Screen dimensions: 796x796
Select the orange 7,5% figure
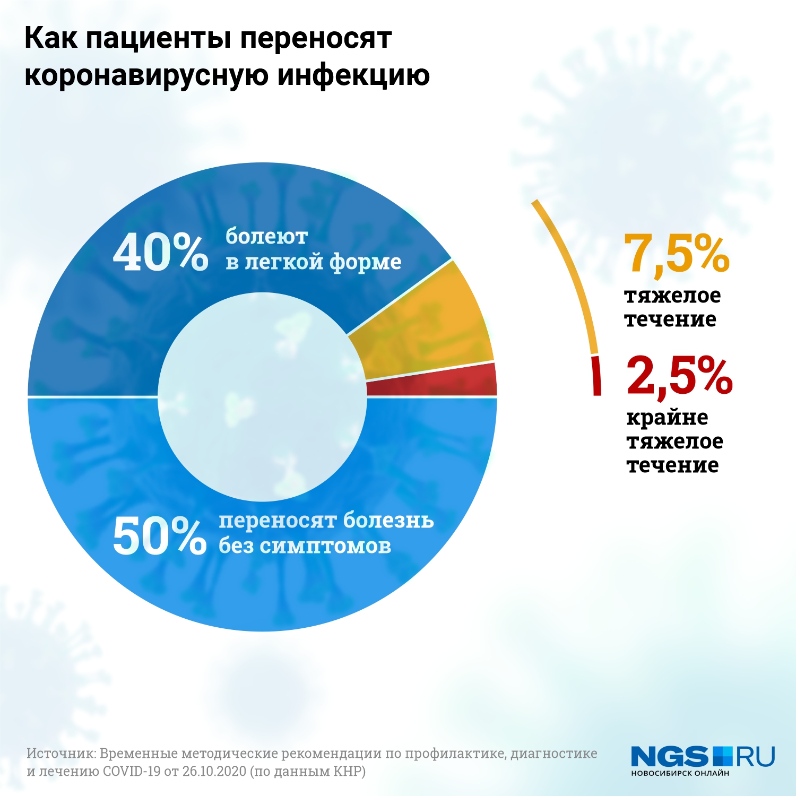(x=677, y=254)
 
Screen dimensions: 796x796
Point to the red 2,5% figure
(x=679, y=376)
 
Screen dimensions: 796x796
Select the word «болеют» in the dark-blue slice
(x=266, y=237)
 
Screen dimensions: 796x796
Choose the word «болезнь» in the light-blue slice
(x=388, y=520)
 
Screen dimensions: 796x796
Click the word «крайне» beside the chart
(x=667, y=418)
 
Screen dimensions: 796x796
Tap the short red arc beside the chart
(x=596, y=376)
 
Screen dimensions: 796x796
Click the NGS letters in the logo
(x=670, y=756)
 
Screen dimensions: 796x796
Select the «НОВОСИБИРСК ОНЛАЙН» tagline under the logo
(x=680, y=773)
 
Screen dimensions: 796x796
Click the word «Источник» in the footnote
(x=60, y=754)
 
